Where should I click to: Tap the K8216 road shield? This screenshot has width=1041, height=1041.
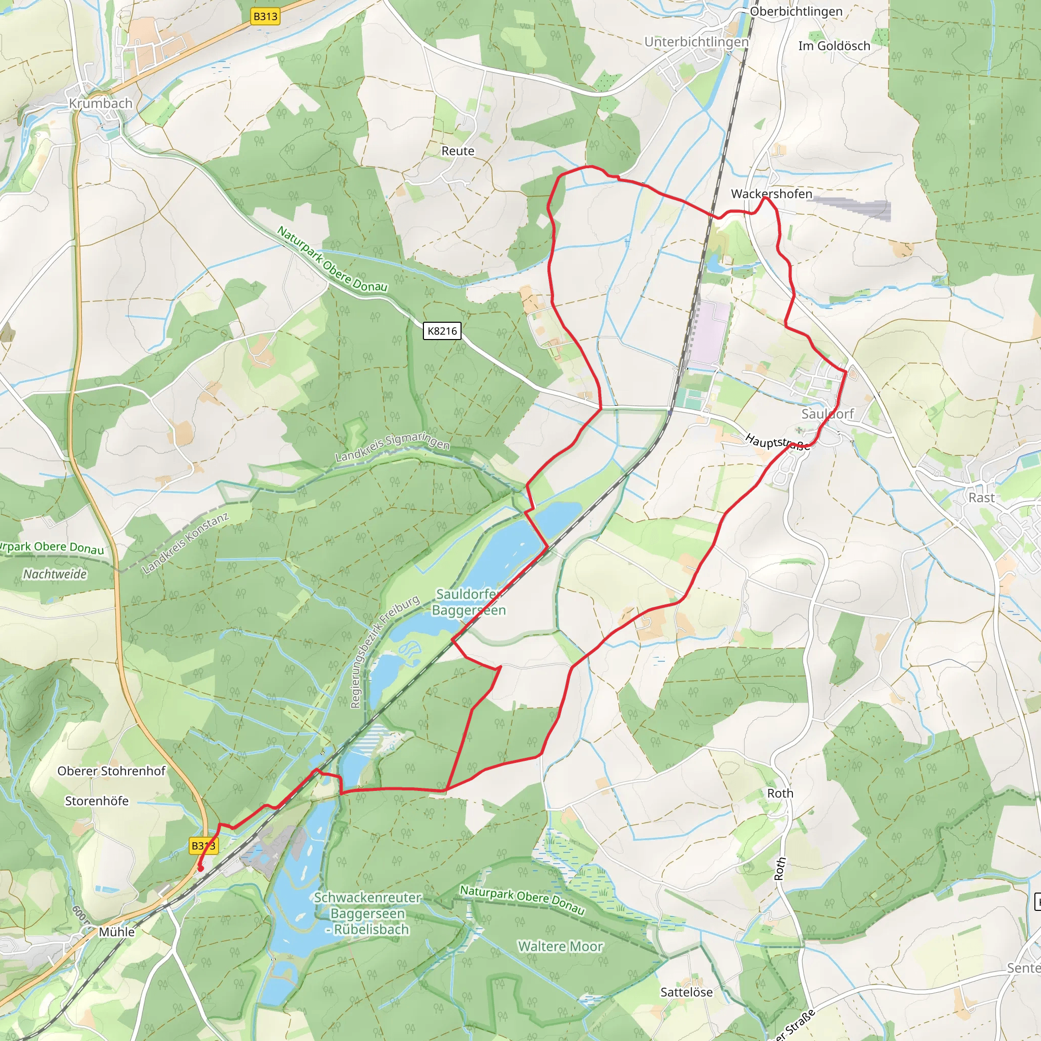tap(442, 331)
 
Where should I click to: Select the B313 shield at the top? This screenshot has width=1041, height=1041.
tap(266, 16)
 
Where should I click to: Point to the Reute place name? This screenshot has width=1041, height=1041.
tap(457, 151)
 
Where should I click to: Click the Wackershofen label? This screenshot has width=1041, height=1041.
tap(771, 194)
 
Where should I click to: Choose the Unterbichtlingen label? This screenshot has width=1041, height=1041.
tap(696, 42)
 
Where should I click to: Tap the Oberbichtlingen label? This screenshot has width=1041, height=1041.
tap(796, 11)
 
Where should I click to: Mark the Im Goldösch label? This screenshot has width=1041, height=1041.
tap(834, 46)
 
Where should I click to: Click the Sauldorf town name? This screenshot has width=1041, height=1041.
tap(827, 414)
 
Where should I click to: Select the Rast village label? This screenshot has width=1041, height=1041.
tap(981, 497)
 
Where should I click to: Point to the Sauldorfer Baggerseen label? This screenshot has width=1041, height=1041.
tap(468, 602)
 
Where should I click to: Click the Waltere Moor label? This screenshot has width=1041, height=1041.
tap(560, 946)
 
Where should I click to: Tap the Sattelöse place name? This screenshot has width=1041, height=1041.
tap(686, 992)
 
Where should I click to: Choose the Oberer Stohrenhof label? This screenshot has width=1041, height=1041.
tap(111, 771)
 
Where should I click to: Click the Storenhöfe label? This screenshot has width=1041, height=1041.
tap(97, 801)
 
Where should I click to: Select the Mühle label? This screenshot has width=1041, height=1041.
tap(116, 932)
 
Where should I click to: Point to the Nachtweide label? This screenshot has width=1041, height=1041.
tap(54, 574)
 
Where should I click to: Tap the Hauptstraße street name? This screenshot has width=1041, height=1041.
tap(777, 442)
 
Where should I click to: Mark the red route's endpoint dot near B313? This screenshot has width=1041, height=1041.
tap(200, 869)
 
